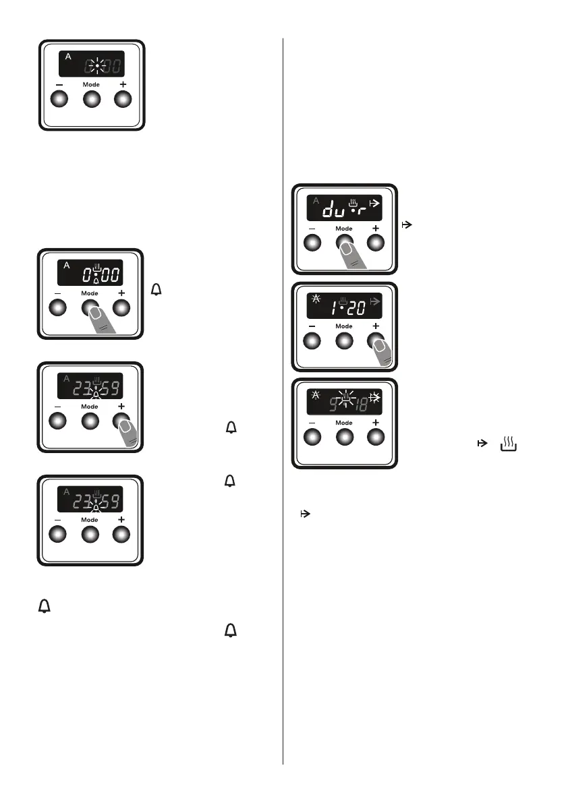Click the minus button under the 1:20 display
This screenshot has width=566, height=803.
(314, 341)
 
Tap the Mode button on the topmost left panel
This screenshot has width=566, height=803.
(91, 100)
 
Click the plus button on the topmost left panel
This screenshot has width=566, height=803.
(122, 100)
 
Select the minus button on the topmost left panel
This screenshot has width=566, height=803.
(59, 100)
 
